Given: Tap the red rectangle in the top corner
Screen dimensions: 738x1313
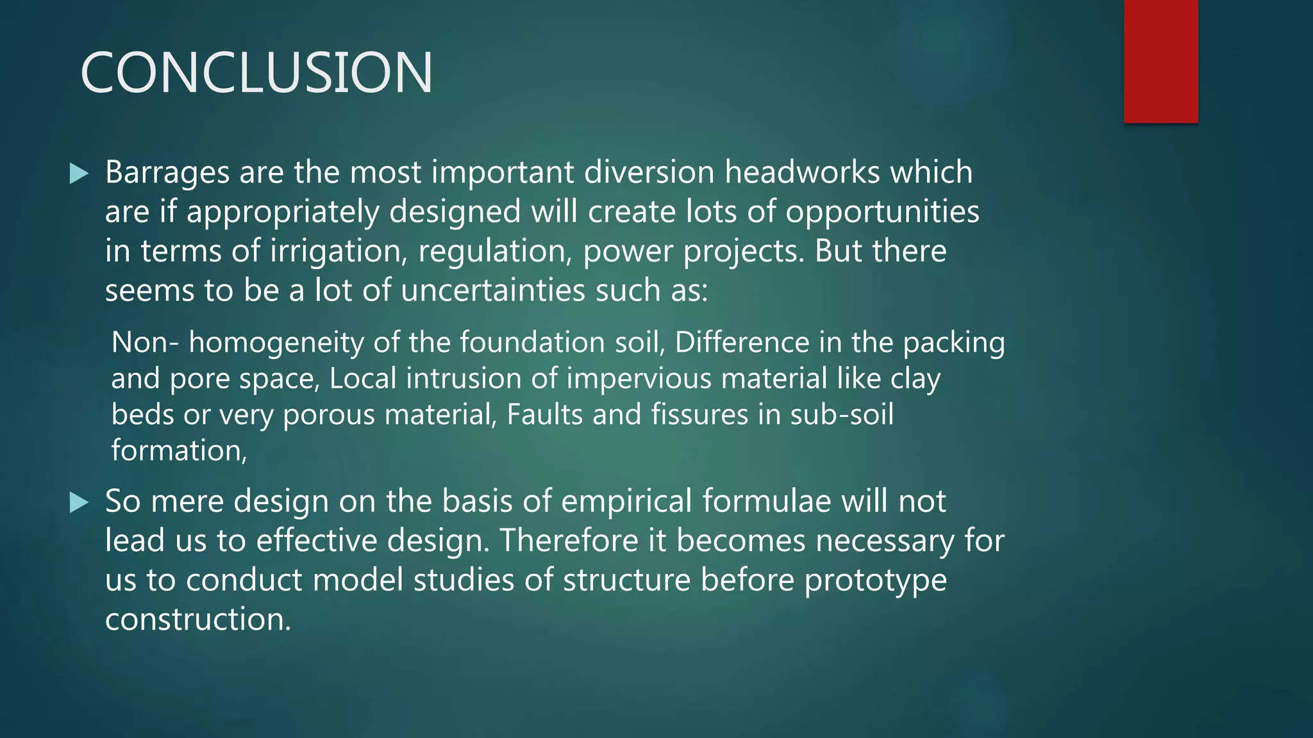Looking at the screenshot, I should (1160, 61).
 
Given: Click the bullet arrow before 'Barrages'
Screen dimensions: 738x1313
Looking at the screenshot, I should (79, 173).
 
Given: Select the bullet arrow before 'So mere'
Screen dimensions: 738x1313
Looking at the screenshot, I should (79, 502).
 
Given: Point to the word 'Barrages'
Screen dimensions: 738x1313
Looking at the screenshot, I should (167, 173).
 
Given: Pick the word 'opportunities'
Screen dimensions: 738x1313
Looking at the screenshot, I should (882, 213).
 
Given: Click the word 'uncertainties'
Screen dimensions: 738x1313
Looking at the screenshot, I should (493, 291).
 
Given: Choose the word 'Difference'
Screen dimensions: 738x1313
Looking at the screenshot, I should (742, 342).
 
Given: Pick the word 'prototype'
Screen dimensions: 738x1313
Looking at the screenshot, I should (875, 581).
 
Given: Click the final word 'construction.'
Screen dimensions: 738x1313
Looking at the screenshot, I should (198, 619).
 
